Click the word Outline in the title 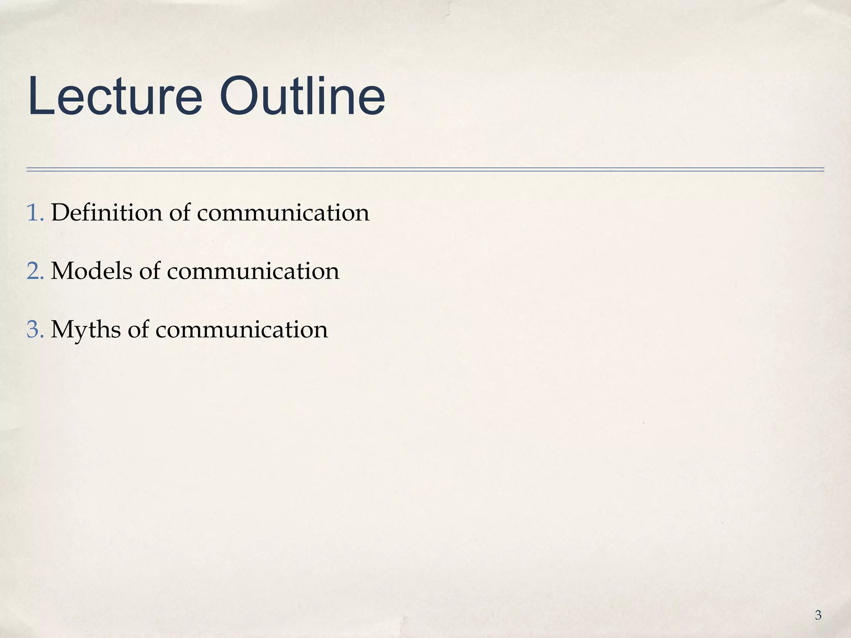(302, 96)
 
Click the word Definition (106, 212)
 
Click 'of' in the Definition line (180, 212)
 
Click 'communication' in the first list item (283, 213)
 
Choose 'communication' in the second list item (253, 272)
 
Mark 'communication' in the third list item (241, 330)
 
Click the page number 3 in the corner (818, 615)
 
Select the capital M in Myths (62, 329)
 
